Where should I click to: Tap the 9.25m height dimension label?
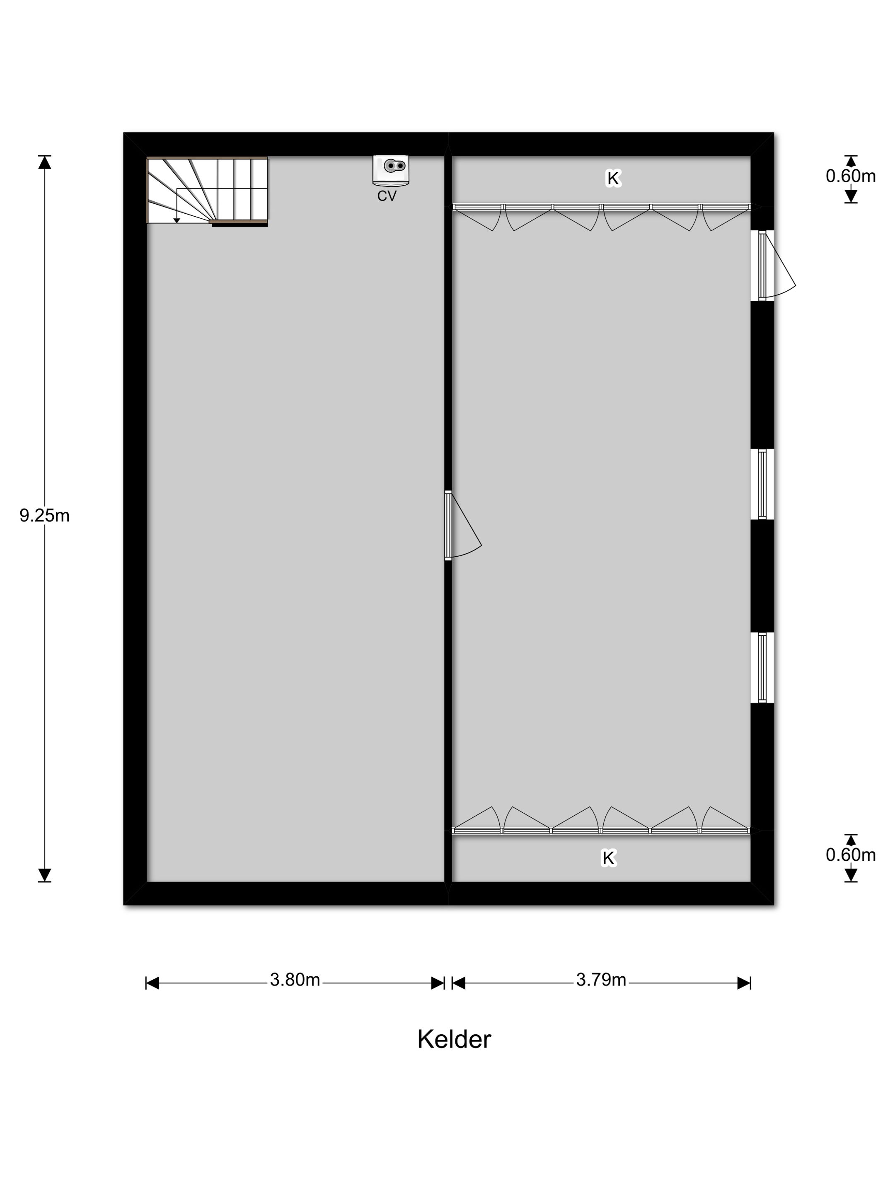[x=44, y=516]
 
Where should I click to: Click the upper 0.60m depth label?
[x=850, y=176]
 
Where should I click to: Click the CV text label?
[x=387, y=196]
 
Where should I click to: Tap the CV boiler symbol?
[x=391, y=170]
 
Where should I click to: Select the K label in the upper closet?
[x=613, y=178]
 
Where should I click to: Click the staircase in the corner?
[x=207, y=191]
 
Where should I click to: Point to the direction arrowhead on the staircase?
[x=177, y=221]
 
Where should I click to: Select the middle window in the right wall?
[x=762, y=484]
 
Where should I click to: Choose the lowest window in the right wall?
[x=762, y=667]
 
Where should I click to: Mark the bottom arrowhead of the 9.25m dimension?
[x=44, y=875]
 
